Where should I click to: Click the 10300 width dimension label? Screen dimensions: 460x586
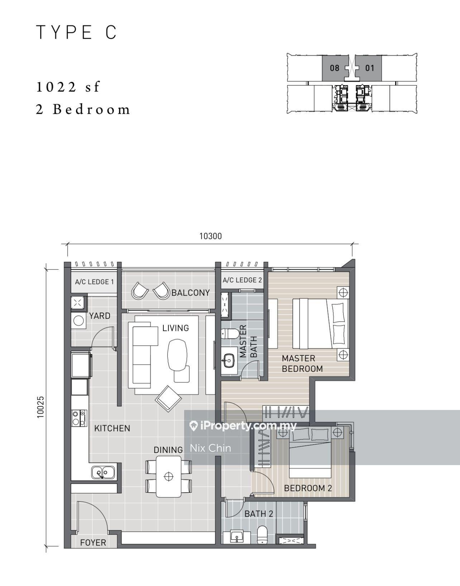point(211,236)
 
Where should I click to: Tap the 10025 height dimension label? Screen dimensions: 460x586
point(40,407)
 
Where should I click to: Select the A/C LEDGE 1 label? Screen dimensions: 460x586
point(95,282)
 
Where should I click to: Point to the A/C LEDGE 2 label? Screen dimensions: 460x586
point(242,280)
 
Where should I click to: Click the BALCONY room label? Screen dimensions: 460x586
point(191,293)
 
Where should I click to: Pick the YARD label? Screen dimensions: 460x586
point(100,316)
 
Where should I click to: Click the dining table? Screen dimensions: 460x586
point(169,477)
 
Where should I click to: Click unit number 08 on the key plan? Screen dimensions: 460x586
point(335,68)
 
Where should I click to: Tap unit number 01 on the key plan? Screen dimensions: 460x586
point(370,68)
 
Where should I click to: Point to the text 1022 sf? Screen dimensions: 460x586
point(68,87)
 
